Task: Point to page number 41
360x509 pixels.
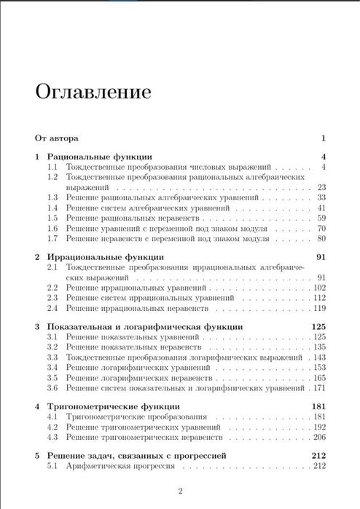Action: coord(321,208)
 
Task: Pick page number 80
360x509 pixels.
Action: coord(321,238)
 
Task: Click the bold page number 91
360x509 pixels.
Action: coord(319,257)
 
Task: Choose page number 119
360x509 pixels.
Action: coord(318,308)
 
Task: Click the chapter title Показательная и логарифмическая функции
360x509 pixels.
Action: coord(145,327)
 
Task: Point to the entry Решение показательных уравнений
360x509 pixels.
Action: coord(133,338)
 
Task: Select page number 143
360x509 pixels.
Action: coord(318,358)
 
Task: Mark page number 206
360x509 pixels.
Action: coord(318,437)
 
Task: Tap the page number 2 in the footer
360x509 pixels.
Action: coord(180,489)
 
